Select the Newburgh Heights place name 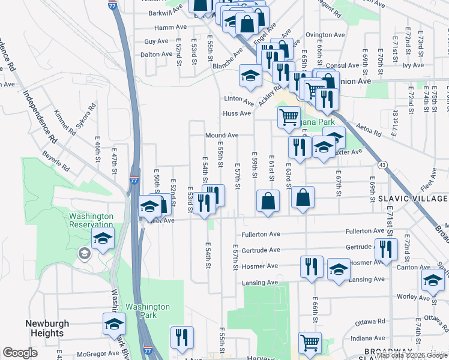tap(47, 328)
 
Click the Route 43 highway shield tap(382, 164)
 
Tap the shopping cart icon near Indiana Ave tap(310, 343)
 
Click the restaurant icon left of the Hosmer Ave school tap(311, 266)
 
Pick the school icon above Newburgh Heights tap(113, 324)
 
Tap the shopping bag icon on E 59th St tap(268, 201)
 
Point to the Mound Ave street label tap(222, 136)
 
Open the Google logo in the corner tap(20, 353)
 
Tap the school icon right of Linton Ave tap(250, 74)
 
